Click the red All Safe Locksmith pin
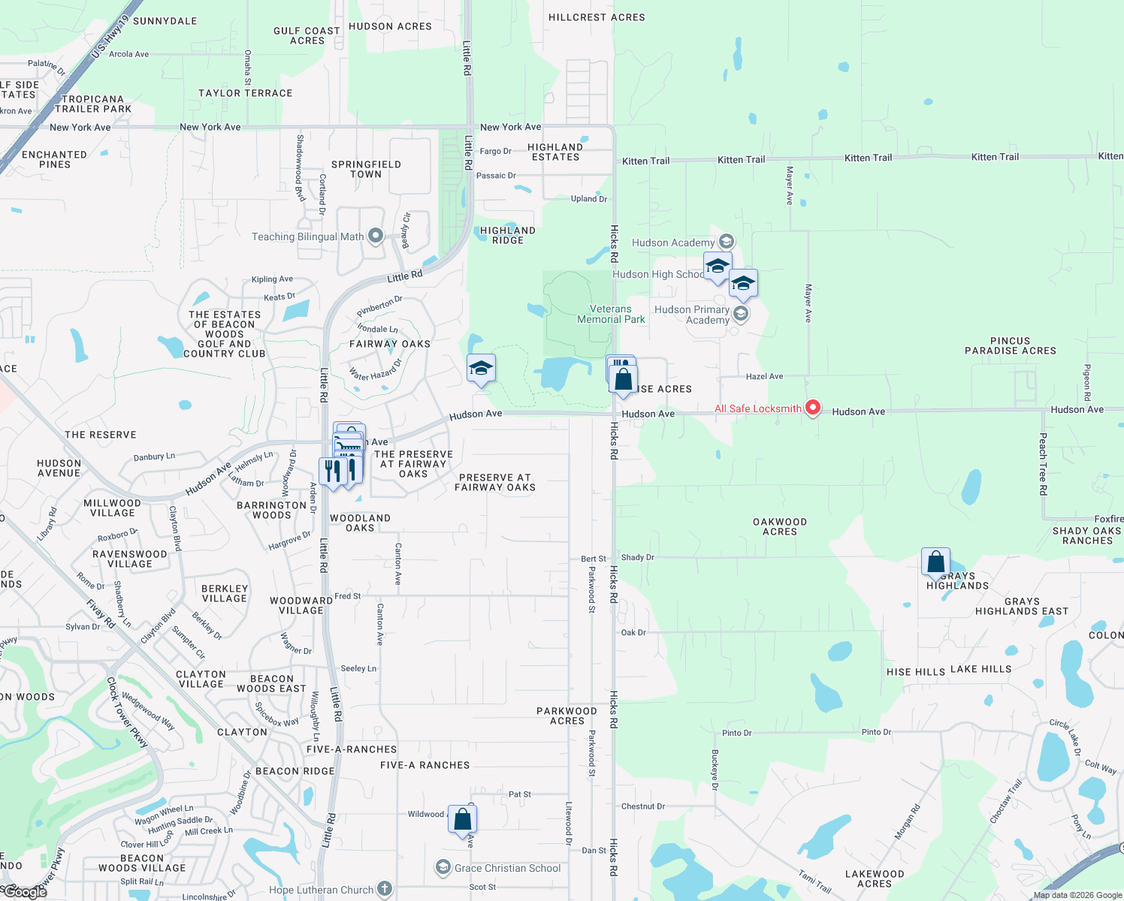pos(812,408)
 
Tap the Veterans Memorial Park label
pos(611,314)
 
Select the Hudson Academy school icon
pos(726,242)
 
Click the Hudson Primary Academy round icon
pos(741,314)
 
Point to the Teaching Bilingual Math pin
pos(376,237)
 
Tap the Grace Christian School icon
pos(443,868)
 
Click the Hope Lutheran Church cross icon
pos(385,889)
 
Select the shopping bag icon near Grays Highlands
pos(935,562)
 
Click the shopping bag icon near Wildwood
pos(463,819)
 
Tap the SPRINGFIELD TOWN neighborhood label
pos(366,169)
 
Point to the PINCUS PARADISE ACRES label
pos(1011,345)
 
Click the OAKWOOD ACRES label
pos(780,526)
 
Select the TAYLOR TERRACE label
pos(246,93)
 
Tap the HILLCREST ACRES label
pos(597,17)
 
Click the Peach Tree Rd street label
pos(1044,463)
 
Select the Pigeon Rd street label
pos(1087,382)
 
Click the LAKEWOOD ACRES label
pos(875,878)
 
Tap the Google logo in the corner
pos(24,891)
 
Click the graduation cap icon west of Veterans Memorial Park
pos(481,369)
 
